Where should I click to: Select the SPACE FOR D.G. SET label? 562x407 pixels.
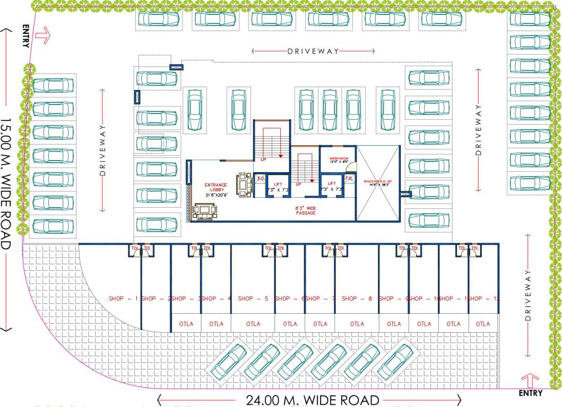377,183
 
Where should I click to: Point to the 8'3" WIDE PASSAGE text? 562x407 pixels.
306,210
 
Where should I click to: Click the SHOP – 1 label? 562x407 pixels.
123,299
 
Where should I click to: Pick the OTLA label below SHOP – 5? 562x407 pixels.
253,324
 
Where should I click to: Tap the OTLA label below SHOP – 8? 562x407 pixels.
357,324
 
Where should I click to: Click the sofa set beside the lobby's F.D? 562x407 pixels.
244,183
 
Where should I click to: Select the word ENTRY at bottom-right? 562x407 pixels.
530,393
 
